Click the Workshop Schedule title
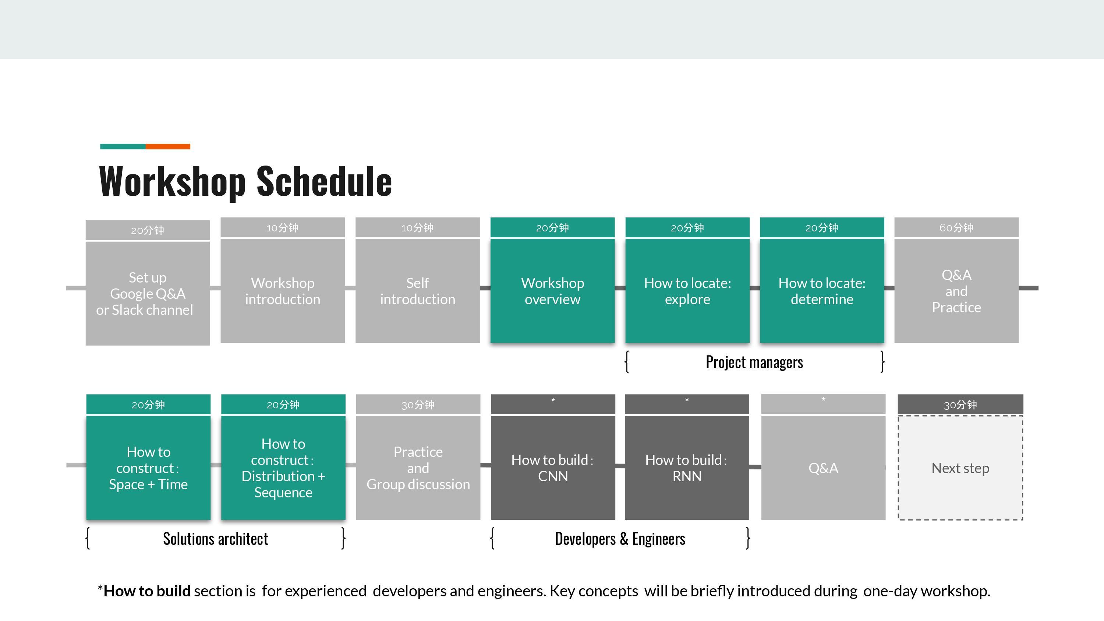coord(245,181)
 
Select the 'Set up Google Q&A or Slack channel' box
coord(148,293)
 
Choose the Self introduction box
coord(417,291)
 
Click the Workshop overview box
coord(552,291)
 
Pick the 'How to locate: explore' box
coord(687,291)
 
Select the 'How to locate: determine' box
coord(822,291)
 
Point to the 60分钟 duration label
coord(956,228)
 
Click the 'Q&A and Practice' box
coord(956,291)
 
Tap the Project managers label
coord(754,362)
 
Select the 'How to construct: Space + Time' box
coord(148,468)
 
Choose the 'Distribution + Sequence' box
coord(283,468)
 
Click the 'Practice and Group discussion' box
coord(418,468)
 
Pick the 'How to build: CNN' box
coord(553,468)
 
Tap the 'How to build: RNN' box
coord(687,468)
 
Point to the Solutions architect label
coord(216,539)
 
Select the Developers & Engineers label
coord(620,539)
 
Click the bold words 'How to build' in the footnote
coord(147,591)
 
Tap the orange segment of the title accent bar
coord(168,146)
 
